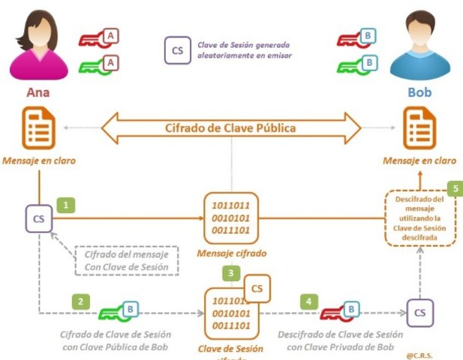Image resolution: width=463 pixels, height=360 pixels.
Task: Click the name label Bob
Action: pos(419,94)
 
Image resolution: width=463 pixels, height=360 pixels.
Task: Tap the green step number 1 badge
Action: pos(68,204)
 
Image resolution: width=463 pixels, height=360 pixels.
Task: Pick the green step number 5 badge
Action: pos(453,188)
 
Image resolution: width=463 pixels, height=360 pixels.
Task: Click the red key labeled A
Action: pos(100,36)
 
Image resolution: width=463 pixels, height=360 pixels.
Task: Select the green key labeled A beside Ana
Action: pos(100,64)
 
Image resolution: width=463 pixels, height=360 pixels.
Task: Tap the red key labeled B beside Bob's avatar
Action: pos(356,36)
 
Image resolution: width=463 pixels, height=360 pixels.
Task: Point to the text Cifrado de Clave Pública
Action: pos(230,127)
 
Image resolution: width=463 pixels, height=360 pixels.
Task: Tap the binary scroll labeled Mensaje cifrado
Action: pos(230,218)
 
